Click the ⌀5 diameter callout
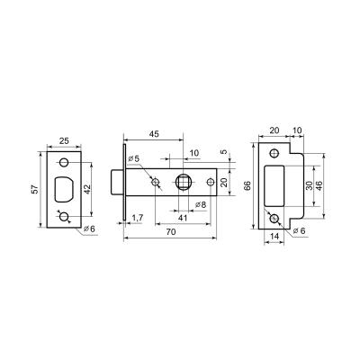[135, 160]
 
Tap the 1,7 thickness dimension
[138, 219]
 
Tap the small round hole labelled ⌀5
[157, 184]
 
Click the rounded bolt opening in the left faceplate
[66, 189]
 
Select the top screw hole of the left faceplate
[66, 162]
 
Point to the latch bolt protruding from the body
[116, 184]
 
